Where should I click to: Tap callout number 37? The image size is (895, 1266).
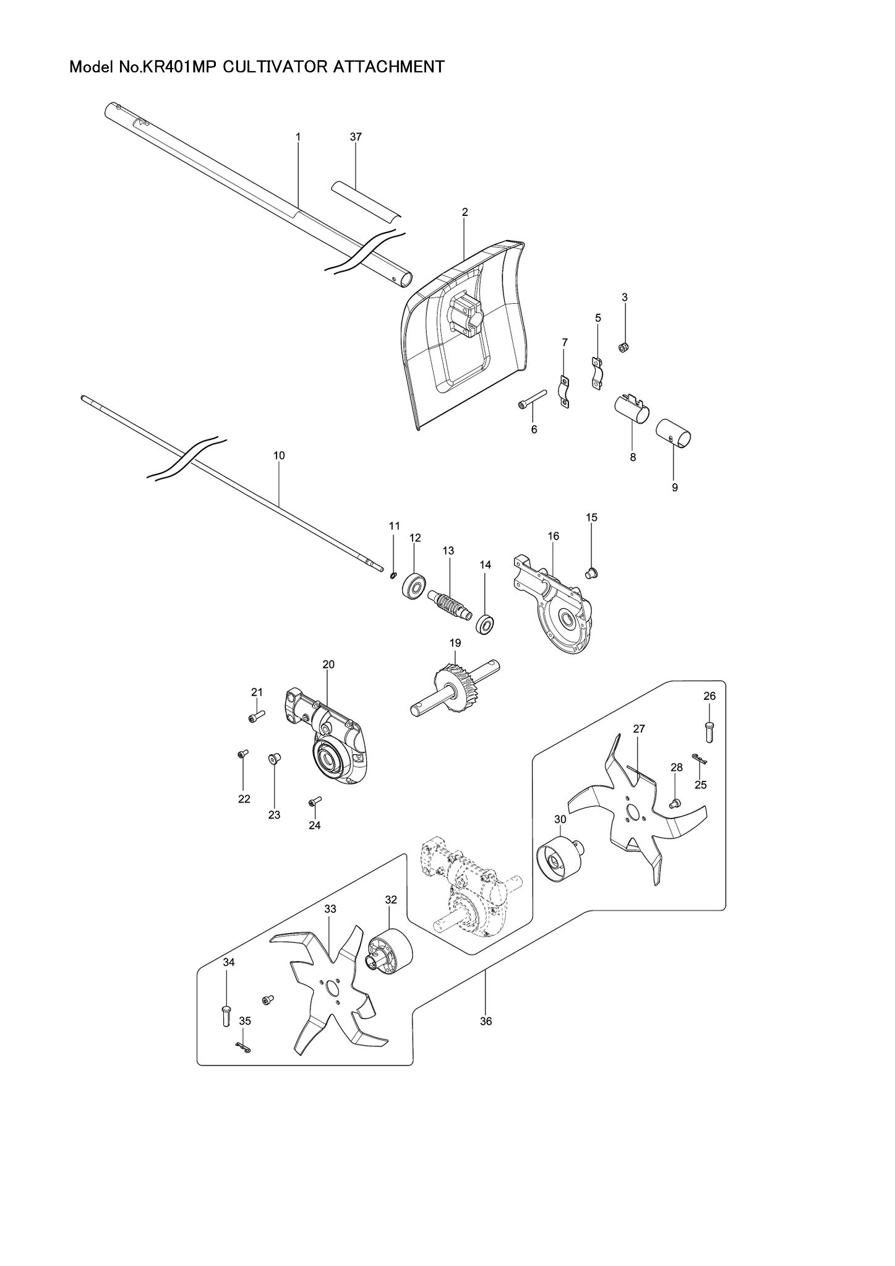point(356,137)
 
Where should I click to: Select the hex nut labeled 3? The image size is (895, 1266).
point(624,347)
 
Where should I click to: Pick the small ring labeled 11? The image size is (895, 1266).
point(393,576)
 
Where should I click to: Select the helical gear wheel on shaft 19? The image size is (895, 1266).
point(458,687)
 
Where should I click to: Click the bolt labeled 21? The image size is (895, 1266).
point(256,717)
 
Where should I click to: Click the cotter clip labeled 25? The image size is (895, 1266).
point(700,759)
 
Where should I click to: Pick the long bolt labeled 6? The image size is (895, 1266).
point(532,399)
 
